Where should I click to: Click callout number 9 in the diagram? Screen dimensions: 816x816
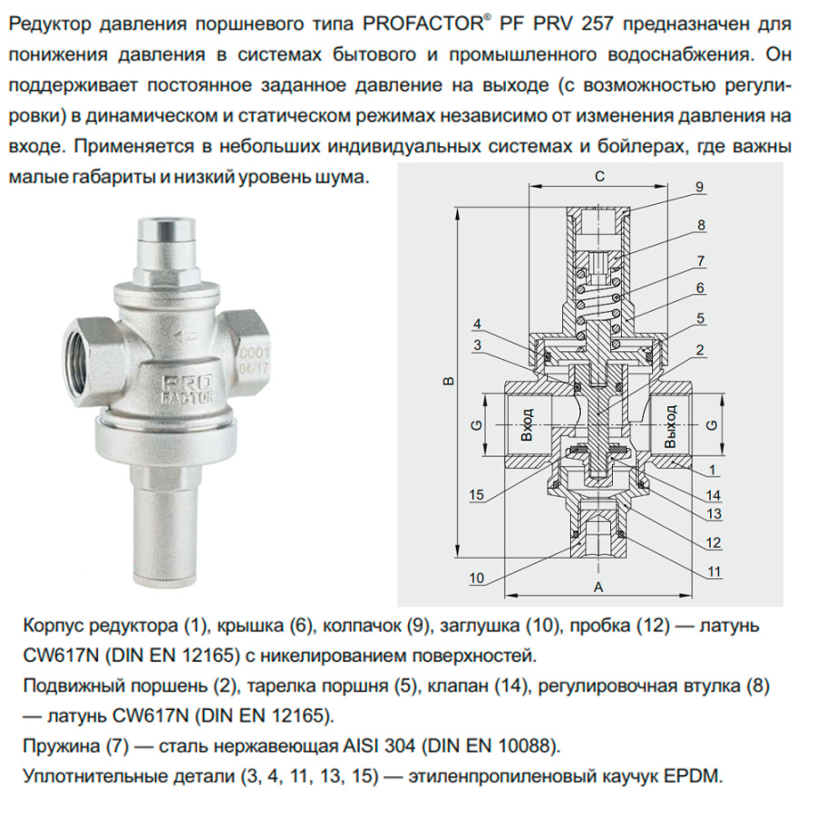[700, 187]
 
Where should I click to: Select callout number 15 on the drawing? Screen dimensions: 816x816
[477, 494]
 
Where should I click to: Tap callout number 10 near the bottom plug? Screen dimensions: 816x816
[477, 578]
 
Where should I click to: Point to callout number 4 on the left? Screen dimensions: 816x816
[477, 325]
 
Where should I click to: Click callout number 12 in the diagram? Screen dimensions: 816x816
[714, 543]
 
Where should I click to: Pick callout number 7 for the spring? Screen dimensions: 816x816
[700, 261]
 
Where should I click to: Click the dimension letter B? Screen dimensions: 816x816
[447, 382]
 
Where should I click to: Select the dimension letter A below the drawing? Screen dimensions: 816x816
[597, 587]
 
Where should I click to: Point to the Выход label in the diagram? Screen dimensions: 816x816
[670, 423]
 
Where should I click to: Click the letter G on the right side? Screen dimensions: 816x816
[712, 423]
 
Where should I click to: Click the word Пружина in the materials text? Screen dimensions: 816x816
[56, 747]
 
